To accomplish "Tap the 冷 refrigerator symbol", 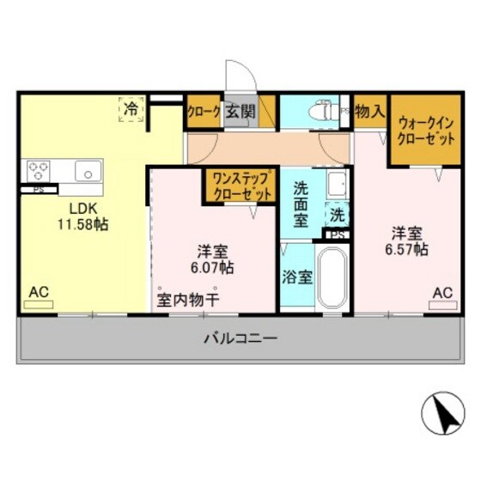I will coord(131,109).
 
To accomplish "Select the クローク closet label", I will coord(204,112).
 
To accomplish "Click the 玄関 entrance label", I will coord(240,112).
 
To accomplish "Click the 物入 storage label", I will coord(368,111).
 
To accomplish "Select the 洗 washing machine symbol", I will coord(338,212).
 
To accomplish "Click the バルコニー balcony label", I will coord(240,339).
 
